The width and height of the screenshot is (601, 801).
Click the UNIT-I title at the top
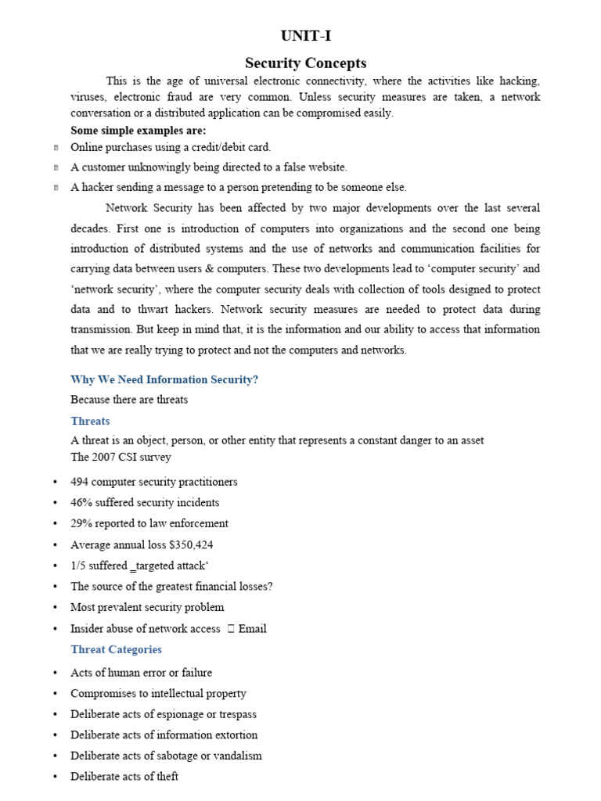pyautogui.click(x=300, y=36)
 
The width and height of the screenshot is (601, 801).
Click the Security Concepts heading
pyautogui.click(x=305, y=63)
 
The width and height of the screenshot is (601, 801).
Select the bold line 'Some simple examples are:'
pyautogui.click(x=138, y=131)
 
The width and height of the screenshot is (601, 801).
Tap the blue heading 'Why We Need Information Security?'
pyautogui.click(x=164, y=379)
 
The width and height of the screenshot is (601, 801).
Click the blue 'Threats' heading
pyautogui.click(x=90, y=421)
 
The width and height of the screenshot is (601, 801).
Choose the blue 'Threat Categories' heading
pyautogui.click(x=116, y=649)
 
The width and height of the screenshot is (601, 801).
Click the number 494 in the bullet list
pyautogui.click(x=80, y=482)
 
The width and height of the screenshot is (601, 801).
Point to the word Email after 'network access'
pyautogui.click(x=253, y=628)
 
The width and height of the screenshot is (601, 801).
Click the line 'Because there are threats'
pyautogui.click(x=129, y=400)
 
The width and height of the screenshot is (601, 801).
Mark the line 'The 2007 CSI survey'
pyautogui.click(x=121, y=457)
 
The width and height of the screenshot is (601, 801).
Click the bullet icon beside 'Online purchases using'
pyautogui.click(x=56, y=147)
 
